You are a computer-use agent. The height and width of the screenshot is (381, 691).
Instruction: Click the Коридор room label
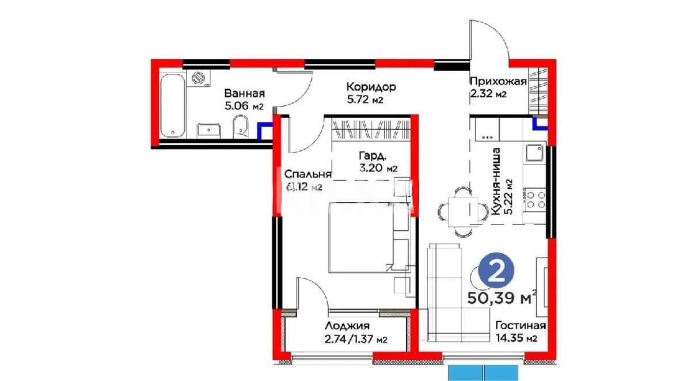[x=371, y=87]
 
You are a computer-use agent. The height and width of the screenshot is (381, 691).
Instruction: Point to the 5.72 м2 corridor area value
[x=365, y=100]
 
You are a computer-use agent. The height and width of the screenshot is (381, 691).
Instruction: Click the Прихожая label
[x=498, y=81]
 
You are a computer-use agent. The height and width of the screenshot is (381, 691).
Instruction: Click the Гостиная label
[x=521, y=325]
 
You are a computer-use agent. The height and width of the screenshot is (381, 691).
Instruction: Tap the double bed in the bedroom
[x=360, y=237]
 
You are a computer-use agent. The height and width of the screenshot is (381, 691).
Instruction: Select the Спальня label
[x=305, y=174]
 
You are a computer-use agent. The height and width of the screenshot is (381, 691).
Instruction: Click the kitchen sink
[x=534, y=154]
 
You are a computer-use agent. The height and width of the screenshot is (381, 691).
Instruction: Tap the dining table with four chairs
[x=458, y=209]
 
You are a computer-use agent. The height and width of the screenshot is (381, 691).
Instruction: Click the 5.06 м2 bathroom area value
[x=244, y=106]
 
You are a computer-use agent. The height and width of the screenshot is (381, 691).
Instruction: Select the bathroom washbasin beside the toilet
[x=207, y=130]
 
